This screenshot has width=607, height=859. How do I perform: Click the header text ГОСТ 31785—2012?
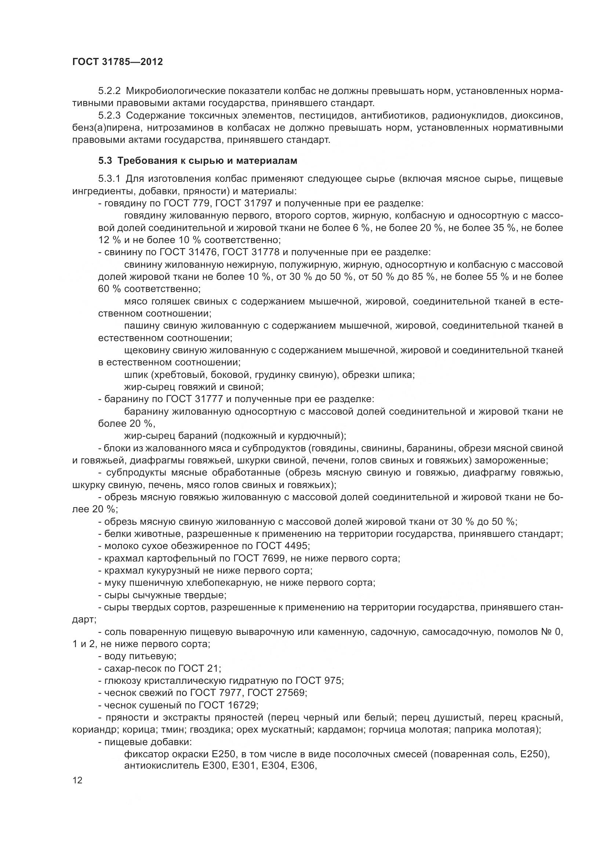point(117,62)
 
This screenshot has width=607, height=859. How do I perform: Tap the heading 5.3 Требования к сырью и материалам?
point(198,161)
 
